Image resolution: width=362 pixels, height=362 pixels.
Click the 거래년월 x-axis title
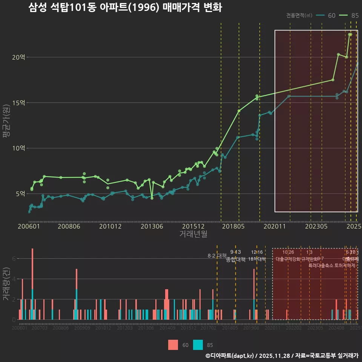click(193, 234)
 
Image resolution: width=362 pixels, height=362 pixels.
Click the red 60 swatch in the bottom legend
click(173, 345)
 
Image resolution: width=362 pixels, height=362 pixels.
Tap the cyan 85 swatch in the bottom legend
click(198, 345)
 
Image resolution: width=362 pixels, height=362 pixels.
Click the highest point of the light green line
click(350, 34)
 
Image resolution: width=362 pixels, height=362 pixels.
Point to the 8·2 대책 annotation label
click(217, 256)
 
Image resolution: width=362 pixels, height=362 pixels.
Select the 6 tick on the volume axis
click(14, 259)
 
